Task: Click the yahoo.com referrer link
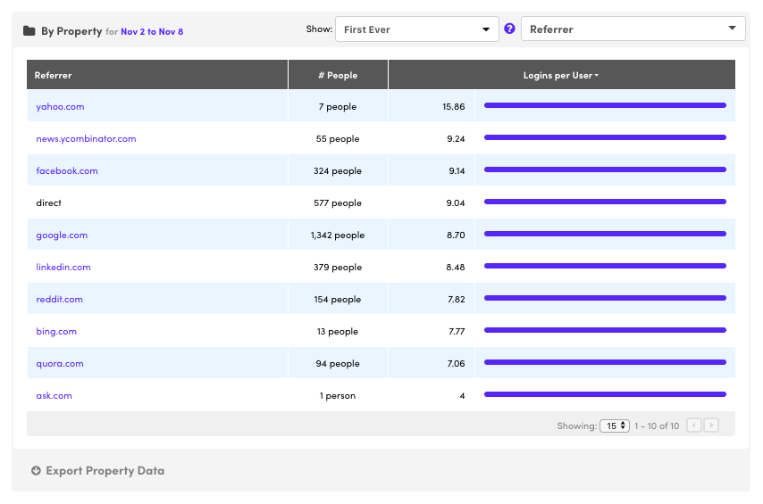60,107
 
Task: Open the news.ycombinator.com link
86,139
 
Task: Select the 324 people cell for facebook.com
338,171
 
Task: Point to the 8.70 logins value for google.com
455,235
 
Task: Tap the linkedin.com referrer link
63,268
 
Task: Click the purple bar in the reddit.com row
605,299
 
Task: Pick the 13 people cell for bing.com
338,332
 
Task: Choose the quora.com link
60,364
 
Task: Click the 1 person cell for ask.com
338,396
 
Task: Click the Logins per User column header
560,76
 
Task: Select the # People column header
338,76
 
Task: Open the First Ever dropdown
416,29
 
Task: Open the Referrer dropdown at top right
633,29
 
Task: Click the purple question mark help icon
510,29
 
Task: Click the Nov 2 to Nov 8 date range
152,32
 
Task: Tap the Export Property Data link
105,471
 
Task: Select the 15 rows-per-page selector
615,426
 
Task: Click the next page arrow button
711,426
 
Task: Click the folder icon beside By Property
29,31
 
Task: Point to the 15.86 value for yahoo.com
453,107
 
